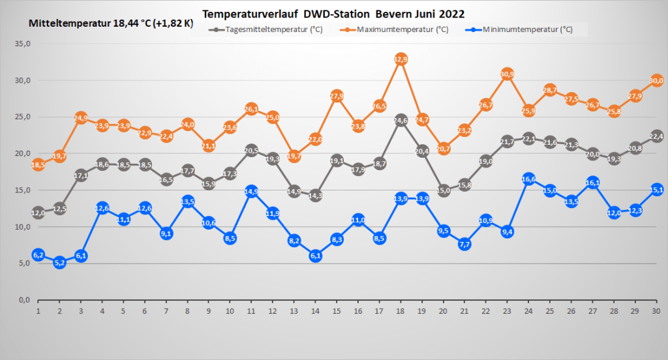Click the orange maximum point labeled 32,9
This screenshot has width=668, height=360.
(401, 59)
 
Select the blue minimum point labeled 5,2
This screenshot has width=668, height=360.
(59, 263)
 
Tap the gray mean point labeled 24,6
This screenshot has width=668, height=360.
(401, 121)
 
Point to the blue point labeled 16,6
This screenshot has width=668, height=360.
(529, 179)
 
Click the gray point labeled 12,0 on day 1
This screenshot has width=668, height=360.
(38, 213)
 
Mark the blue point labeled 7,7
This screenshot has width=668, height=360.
(465, 244)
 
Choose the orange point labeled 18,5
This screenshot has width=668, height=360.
(38, 165)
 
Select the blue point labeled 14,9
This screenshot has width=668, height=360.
(252, 191)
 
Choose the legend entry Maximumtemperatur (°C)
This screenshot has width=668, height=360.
(402, 29)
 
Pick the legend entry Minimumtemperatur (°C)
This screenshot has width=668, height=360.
(528, 29)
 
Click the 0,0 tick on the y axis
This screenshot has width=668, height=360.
(25, 300)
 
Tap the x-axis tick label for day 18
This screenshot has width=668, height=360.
(401, 311)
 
